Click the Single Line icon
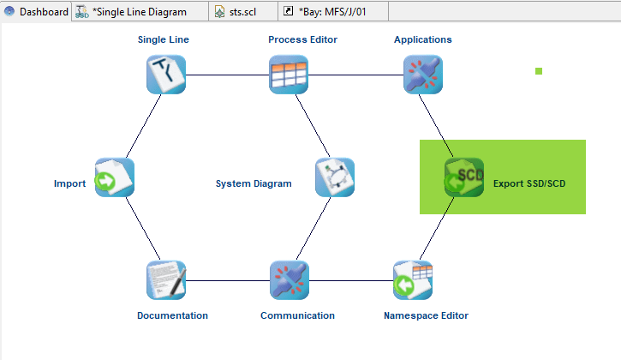[x=165, y=74]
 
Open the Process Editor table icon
[x=289, y=74]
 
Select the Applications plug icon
[x=423, y=74]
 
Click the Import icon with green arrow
[x=115, y=177]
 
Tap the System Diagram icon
[x=335, y=177]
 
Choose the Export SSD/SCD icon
[x=464, y=177]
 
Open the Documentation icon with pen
[x=165, y=280]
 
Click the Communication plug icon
[x=289, y=280]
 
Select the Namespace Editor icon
[x=413, y=280]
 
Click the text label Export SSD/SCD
[x=529, y=183]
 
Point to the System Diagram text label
[x=254, y=183]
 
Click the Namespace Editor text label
[x=426, y=315]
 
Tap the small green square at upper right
[x=539, y=71]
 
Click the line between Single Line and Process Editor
[x=227, y=75]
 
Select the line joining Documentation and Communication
[x=227, y=280]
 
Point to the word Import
[x=69, y=183]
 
